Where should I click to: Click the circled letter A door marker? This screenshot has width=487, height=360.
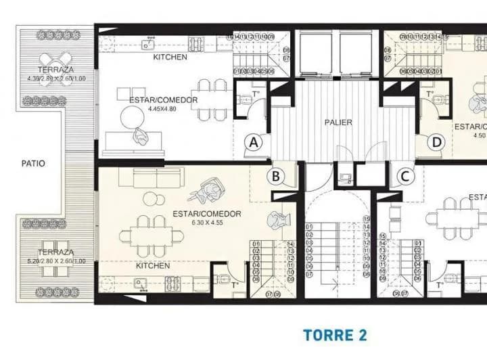(254, 142)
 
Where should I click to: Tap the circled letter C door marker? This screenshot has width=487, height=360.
(405, 177)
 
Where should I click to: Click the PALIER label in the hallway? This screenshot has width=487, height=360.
(338, 122)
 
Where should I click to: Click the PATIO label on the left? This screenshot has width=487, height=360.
(33, 163)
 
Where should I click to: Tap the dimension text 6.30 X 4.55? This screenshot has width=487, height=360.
(208, 223)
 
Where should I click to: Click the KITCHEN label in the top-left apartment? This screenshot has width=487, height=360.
(170, 58)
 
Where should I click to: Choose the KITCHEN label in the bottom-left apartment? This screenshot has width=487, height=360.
(152, 265)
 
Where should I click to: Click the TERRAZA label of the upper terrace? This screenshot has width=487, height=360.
(55, 70)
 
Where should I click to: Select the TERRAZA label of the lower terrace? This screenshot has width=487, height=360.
(55, 252)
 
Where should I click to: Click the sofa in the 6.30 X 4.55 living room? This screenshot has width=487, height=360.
(150, 178)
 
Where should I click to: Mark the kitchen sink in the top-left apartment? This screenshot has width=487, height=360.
(145, 43)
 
